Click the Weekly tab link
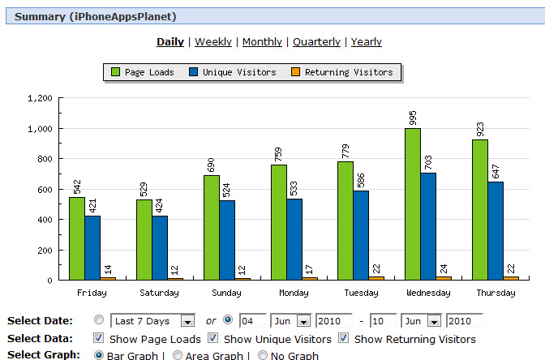point(213,42)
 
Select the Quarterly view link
point(316,42)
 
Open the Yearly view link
point(367,42)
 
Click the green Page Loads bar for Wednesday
point(413,204)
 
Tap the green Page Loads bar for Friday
point(76,238)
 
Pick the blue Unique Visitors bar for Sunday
point(227,240)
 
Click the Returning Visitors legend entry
point(342,72)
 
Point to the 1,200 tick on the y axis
point(40,98)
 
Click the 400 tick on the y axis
point(45,220)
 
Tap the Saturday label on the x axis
point(160,293)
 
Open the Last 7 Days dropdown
point(153,320)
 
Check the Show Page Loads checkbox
point(98,338)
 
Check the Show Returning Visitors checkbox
point(344,338)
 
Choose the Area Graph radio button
point(177,355)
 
